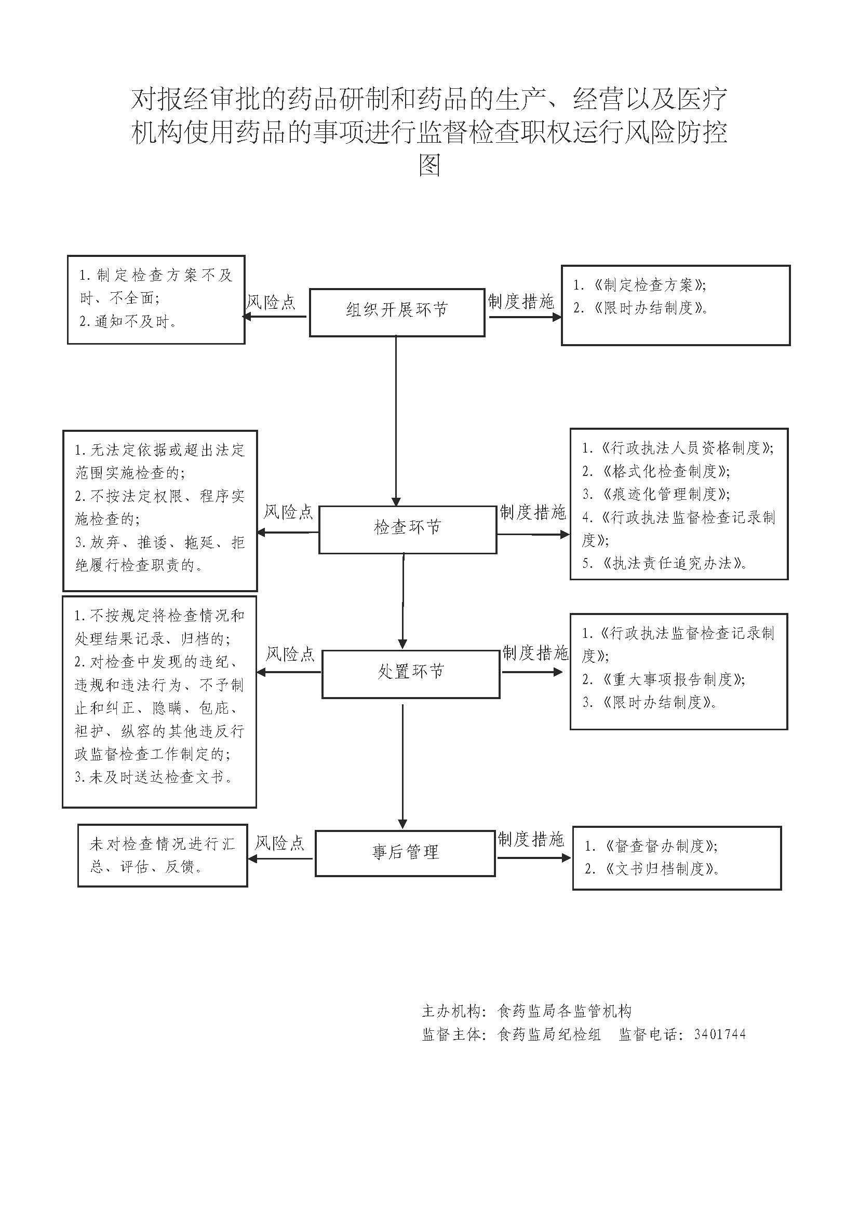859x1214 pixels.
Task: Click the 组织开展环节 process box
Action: pyautogui.click(x=397, y=312)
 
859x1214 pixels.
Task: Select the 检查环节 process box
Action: pyautogui.click(x=407, y=530)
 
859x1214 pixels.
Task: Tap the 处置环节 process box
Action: pyautogui.click(x=410, y=674)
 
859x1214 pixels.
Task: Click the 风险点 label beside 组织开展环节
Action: pyautogui.click(x=271, y=303)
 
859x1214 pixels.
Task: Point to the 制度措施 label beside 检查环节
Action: pyautogui.click(x=533, y=512)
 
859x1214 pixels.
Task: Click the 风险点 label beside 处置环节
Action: pyautogui.click(x=290, y=654)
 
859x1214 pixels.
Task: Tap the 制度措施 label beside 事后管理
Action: pyautogui.click(x=531, y=839)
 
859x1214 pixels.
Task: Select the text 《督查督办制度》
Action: pyautogui.click(x=659, y=847)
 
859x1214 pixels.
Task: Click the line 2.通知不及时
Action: pyautogui.click(x=128, y=321)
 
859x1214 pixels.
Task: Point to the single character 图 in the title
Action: pyautogui.click(x=429, y=166)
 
